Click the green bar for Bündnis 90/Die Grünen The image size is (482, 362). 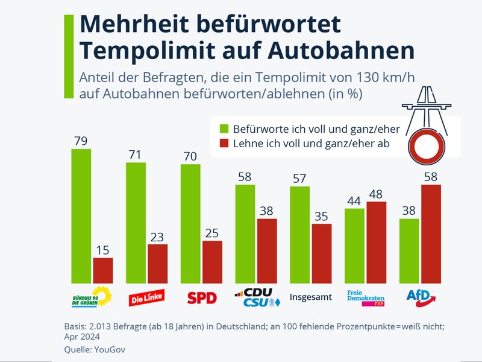coord(81,215)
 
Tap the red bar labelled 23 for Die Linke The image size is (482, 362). coord(157,263)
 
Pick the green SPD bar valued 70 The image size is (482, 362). coord(190,223)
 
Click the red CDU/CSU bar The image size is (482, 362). coord(267,250)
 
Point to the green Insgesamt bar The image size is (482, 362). coord(300,234)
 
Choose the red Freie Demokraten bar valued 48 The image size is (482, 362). coord(377,242)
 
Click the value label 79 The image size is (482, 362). coord(81,141)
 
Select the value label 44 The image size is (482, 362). coord(354,201)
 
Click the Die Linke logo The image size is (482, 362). coord(147,297)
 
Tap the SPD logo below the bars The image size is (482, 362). coord(202,297)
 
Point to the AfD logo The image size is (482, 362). coord(420,296)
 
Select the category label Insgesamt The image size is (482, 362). coord(311,297)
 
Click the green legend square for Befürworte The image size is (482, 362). coord(224,129)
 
